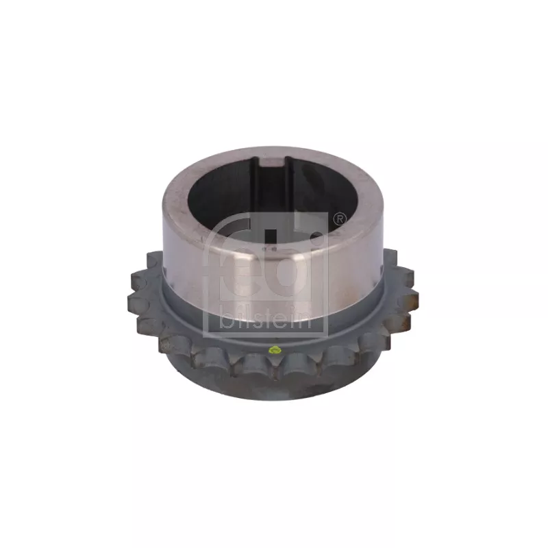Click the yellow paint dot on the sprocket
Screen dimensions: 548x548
coord(275,349)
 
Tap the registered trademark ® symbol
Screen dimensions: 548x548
coord(339,219)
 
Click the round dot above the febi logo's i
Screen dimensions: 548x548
coord(316,237)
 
